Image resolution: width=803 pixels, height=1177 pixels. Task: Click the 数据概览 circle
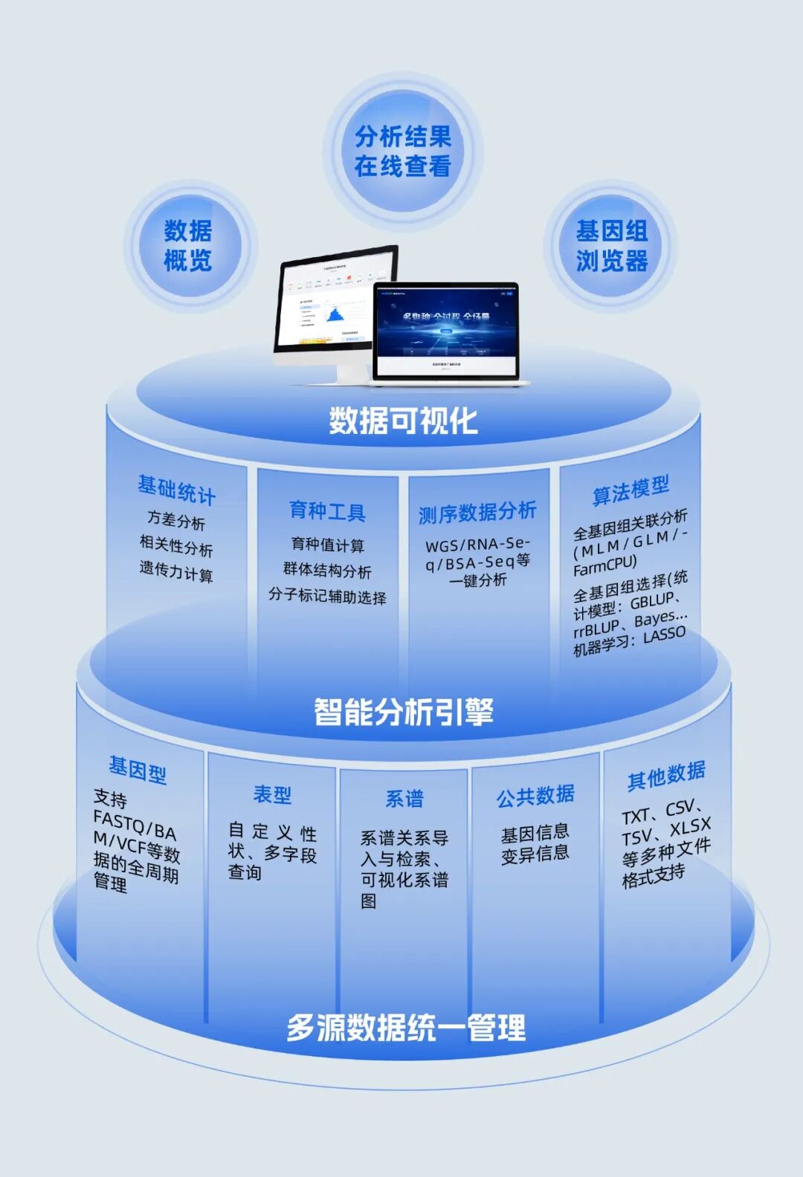188,246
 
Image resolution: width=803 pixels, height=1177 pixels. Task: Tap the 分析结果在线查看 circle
402,152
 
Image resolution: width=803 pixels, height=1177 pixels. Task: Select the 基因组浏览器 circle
611,246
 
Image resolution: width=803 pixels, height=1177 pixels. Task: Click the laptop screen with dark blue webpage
446,329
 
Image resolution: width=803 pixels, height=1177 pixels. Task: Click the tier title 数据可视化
403,421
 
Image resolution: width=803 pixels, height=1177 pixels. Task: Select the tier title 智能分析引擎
403,711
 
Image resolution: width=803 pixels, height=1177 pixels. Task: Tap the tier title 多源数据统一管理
406,1028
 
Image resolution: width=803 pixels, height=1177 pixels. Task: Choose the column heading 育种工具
327,511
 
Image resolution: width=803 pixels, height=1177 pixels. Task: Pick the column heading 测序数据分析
477,512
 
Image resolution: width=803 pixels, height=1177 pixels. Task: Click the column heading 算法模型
631,490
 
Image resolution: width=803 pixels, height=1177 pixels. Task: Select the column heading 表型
272,795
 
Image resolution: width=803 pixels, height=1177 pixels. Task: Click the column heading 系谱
404,799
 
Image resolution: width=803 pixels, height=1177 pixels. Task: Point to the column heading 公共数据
535,796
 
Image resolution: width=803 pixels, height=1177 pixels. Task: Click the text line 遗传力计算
176,571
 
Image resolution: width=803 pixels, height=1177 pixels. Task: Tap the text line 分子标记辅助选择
327,596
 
